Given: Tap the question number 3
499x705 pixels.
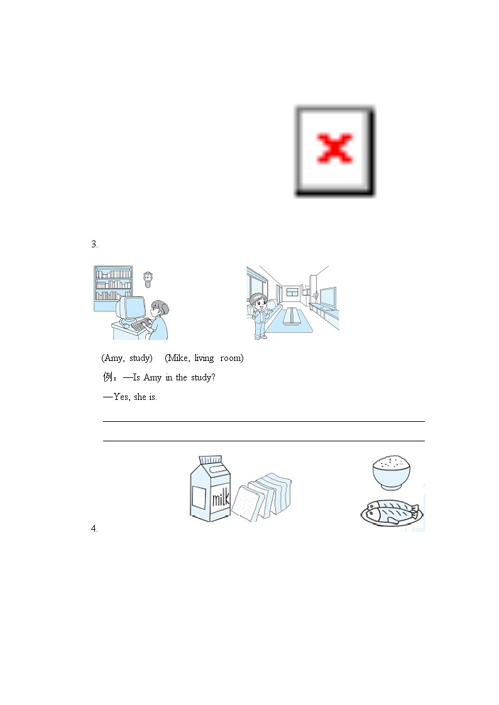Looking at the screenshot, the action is (x=94, y=244).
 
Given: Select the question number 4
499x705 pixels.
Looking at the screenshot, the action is (x=94, y=529).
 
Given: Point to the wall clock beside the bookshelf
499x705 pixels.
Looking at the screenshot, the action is (x=148, y=279).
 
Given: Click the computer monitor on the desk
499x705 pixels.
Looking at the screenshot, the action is (x=131, y=309).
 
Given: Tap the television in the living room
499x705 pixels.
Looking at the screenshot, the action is (x=327, y=297).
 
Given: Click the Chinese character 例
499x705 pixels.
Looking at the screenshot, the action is (x=107, y=377).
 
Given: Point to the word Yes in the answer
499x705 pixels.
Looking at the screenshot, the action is (x=121, y=397).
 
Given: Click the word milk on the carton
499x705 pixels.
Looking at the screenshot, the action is (x=221, y=498).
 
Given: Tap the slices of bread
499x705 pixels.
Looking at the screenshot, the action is (x=261, y=497).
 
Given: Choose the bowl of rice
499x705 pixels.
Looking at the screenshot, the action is (x=392, y=472).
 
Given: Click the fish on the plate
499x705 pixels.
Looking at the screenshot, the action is (x=390, y=512).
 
